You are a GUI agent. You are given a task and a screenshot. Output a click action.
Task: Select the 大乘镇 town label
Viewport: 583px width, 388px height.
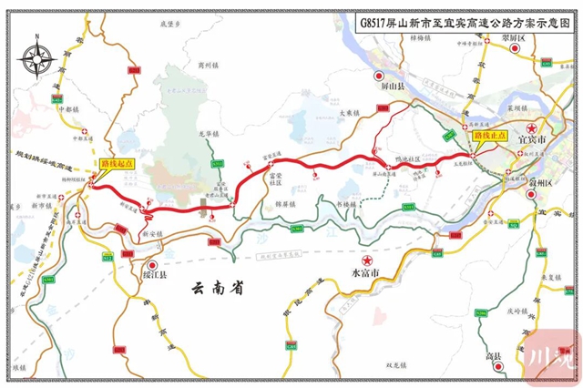[351, 112]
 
